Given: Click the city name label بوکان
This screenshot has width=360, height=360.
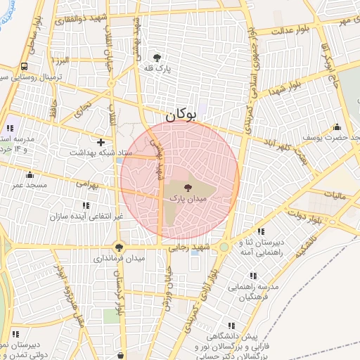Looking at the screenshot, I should (x=179, y=115).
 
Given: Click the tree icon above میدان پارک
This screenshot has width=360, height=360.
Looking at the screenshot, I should (x=187, y=188).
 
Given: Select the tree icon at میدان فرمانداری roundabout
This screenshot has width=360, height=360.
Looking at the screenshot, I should (x=119, y=247).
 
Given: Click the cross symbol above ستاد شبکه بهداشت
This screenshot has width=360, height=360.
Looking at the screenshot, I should (x=101, y=142).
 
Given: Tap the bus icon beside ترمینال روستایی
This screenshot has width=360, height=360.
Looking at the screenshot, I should (x=25, y=66).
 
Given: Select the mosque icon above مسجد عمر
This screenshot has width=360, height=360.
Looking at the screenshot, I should (x=30, y=175).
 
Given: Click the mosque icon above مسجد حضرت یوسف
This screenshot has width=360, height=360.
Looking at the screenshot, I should (x=337, y=127).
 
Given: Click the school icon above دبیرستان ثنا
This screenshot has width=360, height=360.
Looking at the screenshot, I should (x=261, y=231).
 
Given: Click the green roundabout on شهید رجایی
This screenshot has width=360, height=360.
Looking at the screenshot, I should (x=224, y=247).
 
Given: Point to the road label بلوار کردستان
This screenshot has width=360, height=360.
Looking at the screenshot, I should (x=117, y=293).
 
